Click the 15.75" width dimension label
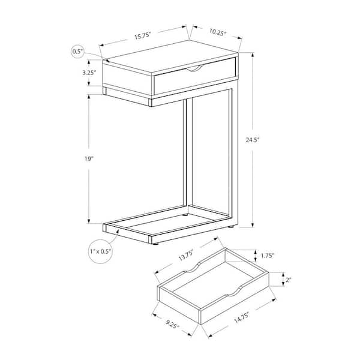coord(142,36)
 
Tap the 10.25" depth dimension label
coord(218,32)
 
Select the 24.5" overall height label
coord(253,140)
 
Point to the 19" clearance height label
coord(89,158)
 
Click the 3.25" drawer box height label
coord(89,73)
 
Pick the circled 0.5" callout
coord(77,52)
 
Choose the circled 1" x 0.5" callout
coord(101,251)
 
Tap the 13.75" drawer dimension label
coord(186,256)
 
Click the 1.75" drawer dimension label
coord(268,256)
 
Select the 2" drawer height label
coord(289,280)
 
